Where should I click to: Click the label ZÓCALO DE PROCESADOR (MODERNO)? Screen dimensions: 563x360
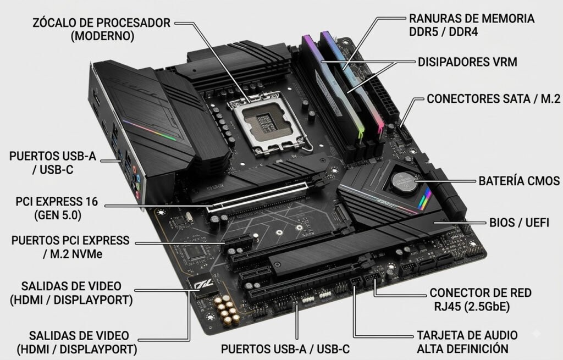(102, 30)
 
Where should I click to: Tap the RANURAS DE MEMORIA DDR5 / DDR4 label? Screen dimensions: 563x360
(471, 25)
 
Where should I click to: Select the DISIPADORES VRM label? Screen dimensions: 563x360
(467, 62)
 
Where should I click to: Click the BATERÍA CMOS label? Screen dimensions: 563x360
(519, 181)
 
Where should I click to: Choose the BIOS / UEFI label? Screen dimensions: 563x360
(519, 223)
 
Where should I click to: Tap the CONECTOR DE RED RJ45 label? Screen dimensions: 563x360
(481, 300)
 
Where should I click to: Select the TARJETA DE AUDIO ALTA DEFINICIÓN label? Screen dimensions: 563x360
(467, 342)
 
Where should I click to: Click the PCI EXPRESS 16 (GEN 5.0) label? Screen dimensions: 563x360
(57, 208)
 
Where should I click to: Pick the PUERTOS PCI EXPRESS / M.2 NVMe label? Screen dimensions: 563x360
(70, 247)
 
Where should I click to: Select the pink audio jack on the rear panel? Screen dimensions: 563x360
(137, 194)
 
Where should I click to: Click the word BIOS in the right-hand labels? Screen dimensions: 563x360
(502, 223)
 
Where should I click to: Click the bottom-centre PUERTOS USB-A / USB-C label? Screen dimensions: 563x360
(285, 349)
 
